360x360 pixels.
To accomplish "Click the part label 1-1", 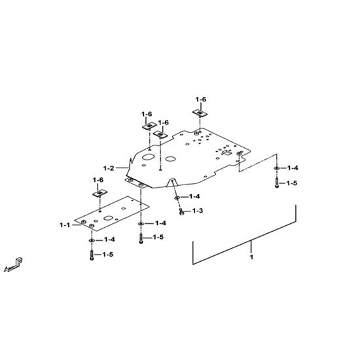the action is (65, 225).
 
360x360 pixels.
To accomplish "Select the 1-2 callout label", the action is (109, 168).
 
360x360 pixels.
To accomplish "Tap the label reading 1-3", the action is (198, 211).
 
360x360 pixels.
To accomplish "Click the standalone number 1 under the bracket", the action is (251, 257).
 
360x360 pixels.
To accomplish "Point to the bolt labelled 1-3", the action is (181, 211).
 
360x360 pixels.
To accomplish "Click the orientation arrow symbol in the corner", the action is (14, 265).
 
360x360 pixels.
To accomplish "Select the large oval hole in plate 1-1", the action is (107, 218).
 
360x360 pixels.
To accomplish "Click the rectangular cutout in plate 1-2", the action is (226, 153).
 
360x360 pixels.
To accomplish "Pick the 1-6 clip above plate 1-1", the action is (99, 193).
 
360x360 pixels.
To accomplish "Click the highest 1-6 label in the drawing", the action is (201, 99).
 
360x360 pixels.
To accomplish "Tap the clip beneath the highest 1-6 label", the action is (200, 113).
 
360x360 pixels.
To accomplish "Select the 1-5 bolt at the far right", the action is (277, 183).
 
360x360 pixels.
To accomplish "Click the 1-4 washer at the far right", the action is (277, 168).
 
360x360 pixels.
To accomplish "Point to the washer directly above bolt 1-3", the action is (177, 198).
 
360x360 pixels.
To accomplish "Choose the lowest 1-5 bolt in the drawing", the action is (92, 255).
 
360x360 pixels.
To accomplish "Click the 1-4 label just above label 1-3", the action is (194, 196).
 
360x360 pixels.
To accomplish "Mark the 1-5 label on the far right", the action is (292, 183).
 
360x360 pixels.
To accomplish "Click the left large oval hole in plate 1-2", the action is (149, 157).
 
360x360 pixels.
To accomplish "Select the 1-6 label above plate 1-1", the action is (98, 180).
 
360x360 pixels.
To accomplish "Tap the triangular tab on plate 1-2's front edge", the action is (173, 182).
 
